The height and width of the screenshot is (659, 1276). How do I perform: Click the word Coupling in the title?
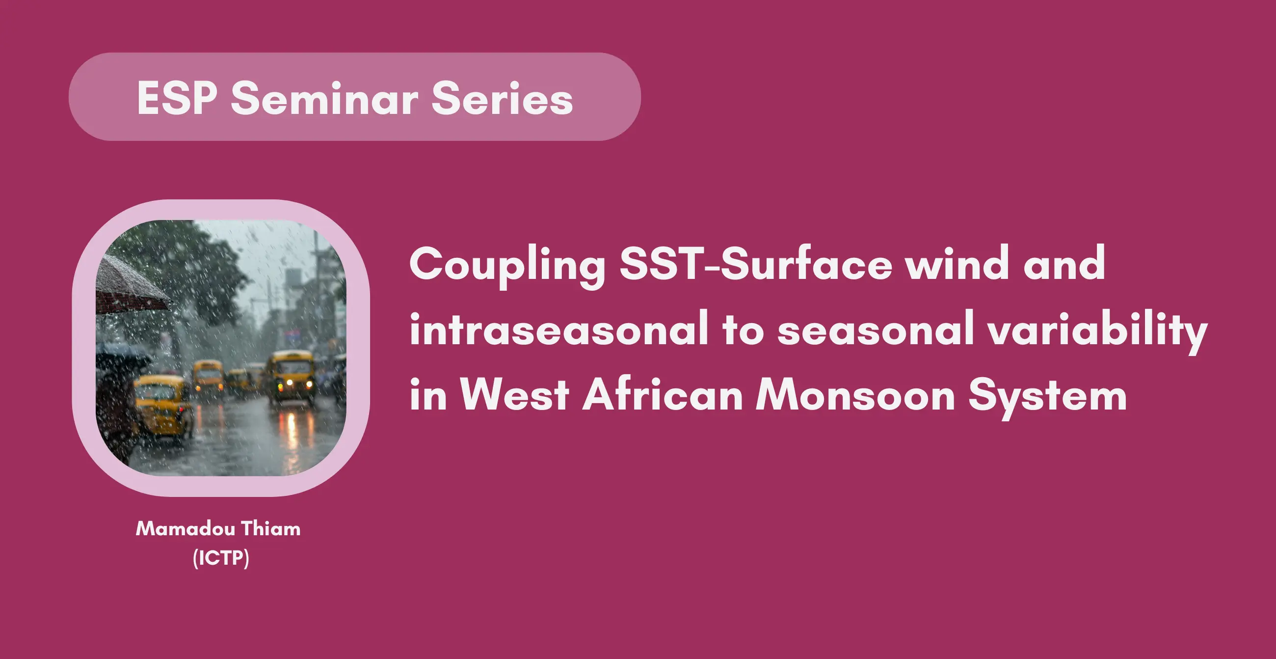[x=507, y=267]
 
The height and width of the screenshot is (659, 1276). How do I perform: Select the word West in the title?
[x=514, y=394]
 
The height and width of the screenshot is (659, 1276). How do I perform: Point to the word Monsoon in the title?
[x=855, y=394]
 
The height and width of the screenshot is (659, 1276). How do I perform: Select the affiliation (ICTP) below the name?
[x=221, y=558]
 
